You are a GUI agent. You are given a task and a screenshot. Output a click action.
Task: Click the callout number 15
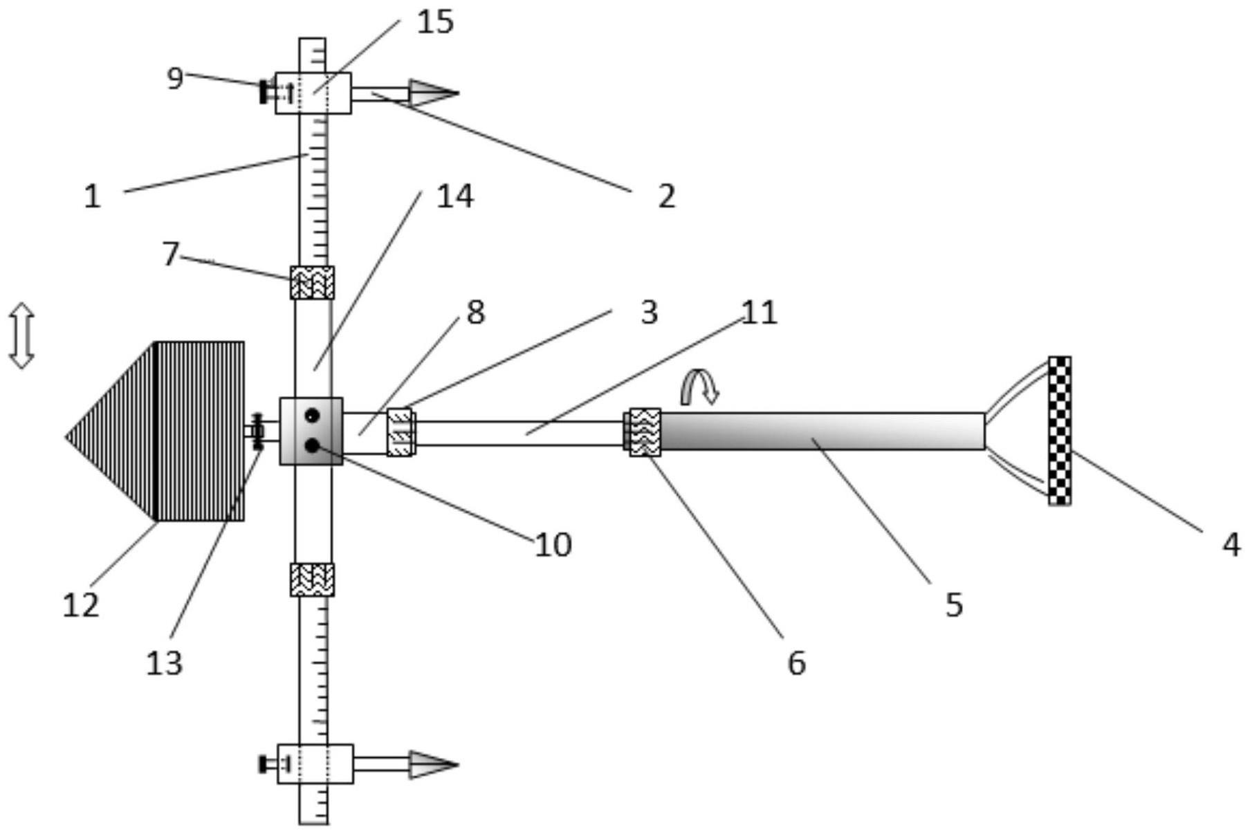click(x=435, y=22)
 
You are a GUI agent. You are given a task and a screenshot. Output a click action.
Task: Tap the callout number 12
click(x=81, y=605)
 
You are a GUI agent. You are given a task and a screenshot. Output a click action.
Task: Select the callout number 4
click(x=1231, y=544)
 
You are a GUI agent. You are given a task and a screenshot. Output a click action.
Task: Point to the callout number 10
click(x=553, y=545)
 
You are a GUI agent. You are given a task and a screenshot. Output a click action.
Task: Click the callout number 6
click(x=796, y=663)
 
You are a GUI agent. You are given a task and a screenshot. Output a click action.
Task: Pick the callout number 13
click(x=164, y=663)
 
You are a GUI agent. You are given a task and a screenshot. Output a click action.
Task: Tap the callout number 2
click(x=665, y=196)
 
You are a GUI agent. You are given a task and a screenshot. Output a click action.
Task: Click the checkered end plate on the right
click(x=1059, y=430)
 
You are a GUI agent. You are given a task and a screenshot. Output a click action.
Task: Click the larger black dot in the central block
click(x=312, y=446)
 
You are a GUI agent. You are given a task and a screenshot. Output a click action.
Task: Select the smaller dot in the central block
click(x=312, y=416)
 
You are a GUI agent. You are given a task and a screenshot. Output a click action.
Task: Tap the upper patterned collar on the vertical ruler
click(x=312, y=283)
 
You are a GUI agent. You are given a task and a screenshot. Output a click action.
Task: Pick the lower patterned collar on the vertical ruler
click(x=312, y=580)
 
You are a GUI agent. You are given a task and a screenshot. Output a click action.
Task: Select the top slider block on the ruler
click(x=313, y=93)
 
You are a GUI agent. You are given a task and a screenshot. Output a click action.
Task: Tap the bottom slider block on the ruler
click(x=315, y=763)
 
